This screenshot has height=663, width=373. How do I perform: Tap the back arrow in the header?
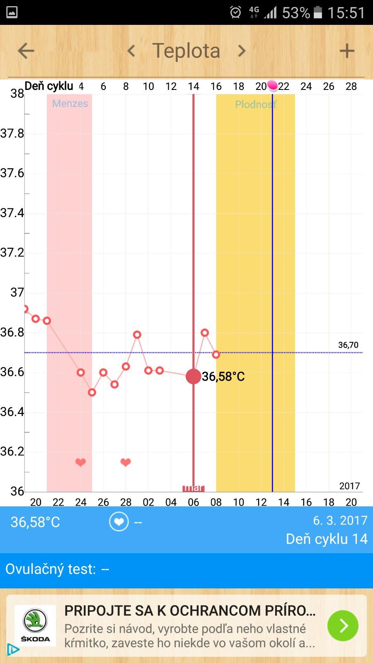pos(26,51)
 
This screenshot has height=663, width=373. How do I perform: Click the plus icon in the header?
pos(347,51)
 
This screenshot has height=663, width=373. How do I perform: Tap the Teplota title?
pos(186,51)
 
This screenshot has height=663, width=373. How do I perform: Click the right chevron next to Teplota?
pos(242,51)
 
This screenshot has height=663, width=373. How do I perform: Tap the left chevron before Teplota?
pos(131,51)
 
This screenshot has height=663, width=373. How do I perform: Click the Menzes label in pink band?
pos(70,104)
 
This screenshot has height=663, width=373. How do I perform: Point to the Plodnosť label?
pos(255,104)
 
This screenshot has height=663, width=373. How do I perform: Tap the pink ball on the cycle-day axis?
pos(272,85)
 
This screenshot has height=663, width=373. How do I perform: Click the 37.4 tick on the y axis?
pos(12,213)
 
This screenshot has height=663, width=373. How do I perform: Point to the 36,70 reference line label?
pos(348,345)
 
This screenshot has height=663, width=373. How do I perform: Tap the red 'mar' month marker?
pos(193,488)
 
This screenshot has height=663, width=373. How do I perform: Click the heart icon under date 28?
pos(126,462)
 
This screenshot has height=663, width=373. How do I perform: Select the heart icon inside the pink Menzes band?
pos(80,462)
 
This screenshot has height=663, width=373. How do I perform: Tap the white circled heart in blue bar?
pos(119,522)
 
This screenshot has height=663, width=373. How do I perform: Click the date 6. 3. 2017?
pos(340,520)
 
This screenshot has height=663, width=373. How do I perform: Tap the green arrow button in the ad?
pos(343,626)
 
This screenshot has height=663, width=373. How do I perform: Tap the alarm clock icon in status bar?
pos(235,12)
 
